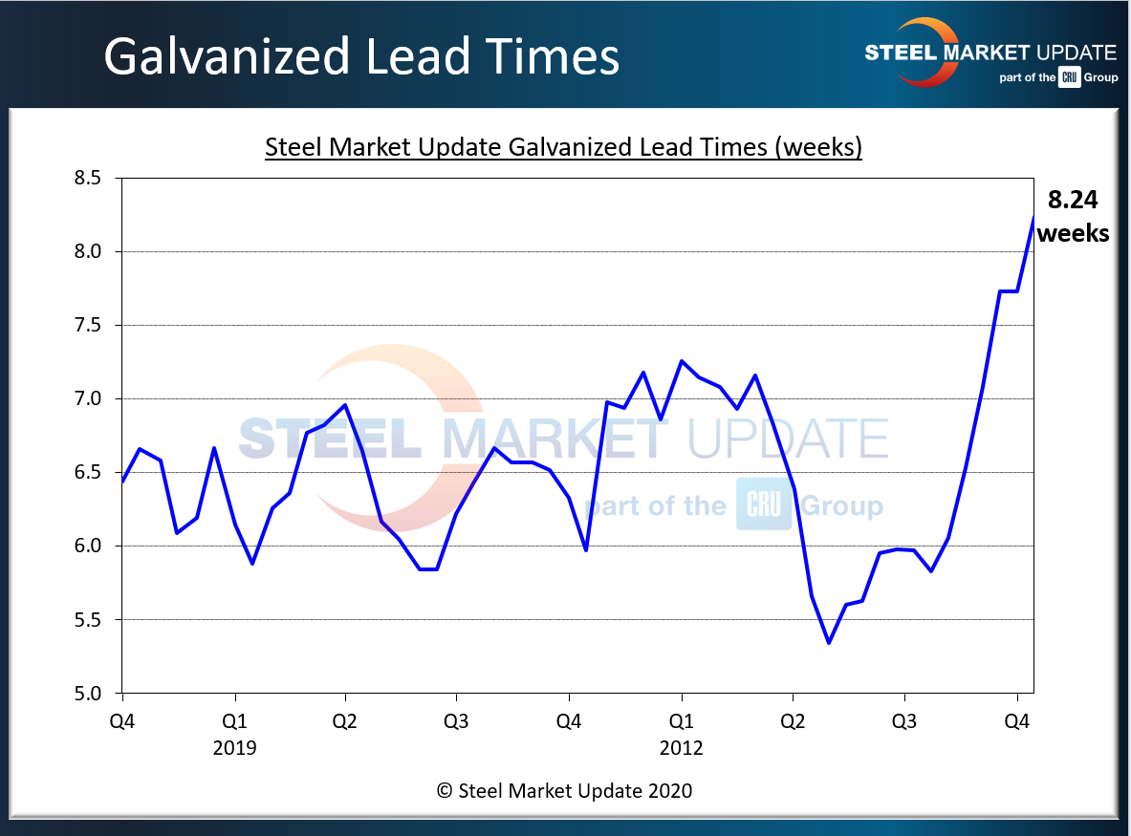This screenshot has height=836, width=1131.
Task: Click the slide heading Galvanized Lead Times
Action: click(x=361, y=56)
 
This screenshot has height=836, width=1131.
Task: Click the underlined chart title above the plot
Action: click(x=563, y=148)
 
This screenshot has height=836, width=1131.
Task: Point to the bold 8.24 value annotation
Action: click(x=1072, y=201)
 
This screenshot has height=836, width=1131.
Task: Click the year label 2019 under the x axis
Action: click(x=234, y=747)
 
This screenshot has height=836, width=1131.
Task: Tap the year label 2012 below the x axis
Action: click(x=681, y=747)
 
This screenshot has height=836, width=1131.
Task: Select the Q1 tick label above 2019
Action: click(x=234, y=721)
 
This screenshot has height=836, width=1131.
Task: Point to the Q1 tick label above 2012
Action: click(x=681, y=721)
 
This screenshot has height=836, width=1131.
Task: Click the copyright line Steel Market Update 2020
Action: click(x=564, y=790)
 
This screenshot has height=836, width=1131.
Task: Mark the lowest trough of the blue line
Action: click(x=829, y=643)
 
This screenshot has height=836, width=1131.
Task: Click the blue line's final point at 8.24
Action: click(x=1033, y=217)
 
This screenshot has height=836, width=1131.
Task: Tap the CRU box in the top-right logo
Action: click(x=1068, y=78)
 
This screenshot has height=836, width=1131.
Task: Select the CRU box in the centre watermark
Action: click(x=763, y=504)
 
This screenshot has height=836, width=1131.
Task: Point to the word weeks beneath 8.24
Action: click(x=1073, y=232)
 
